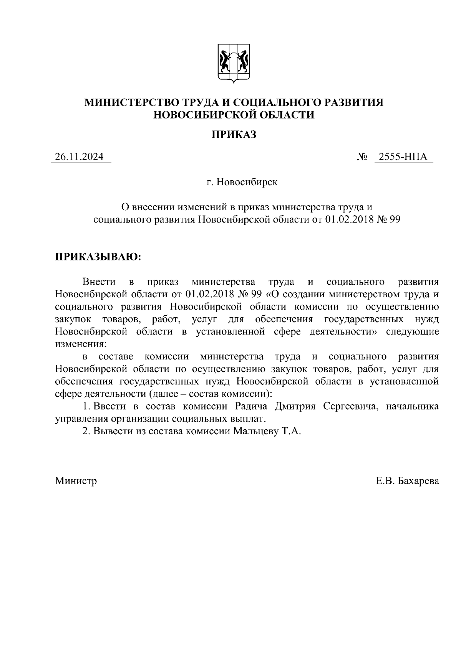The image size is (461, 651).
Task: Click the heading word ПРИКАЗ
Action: pos(234,135)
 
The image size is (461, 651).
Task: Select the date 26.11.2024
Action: pos(79,157)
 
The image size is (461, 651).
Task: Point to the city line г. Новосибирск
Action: pos(242,182)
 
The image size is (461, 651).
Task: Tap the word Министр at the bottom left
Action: pos(76,481)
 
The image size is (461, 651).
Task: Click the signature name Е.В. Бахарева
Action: pos(407,481)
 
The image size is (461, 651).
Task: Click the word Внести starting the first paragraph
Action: pos(99,282)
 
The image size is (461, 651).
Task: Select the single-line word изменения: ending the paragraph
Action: pos(79,344)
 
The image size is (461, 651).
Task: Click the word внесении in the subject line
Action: pos(153,207)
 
